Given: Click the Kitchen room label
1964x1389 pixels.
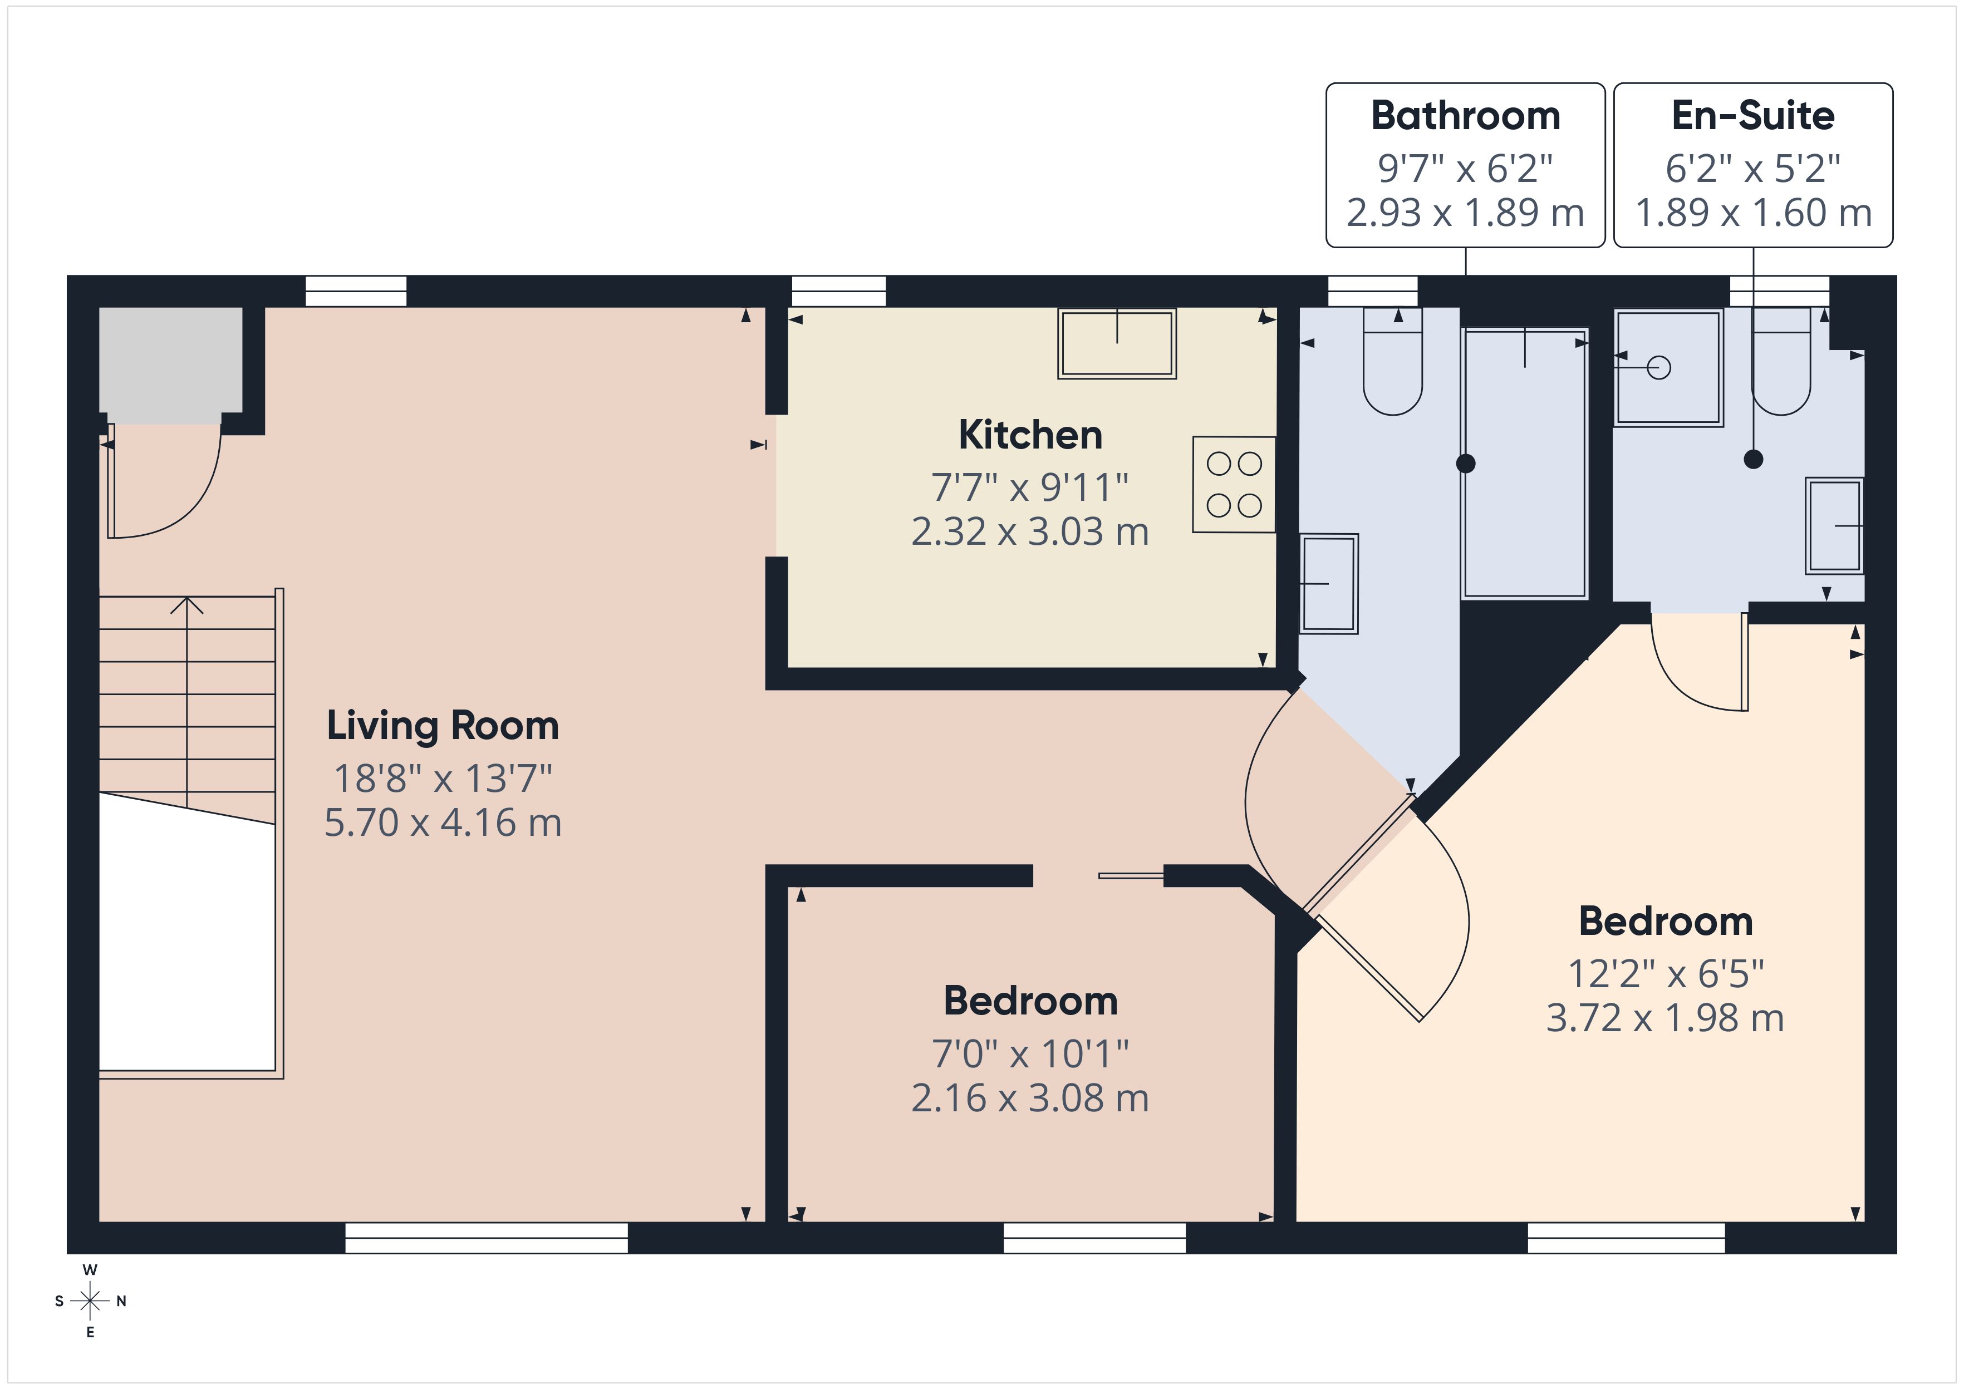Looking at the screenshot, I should pyautogui.click(x=1030, y=435).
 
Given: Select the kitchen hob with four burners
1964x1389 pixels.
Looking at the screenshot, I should pyautogui.click(x=1234, y=485).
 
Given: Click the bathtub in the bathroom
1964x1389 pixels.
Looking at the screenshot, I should pyautogui.click(x=1524, y=462).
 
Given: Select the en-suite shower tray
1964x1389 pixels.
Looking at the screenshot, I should pyautogui.click(x=1667, y=368).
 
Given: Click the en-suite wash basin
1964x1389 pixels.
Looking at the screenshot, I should pyautogui.click(x=1834, y=525).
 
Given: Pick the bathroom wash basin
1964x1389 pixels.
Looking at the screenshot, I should pyautogui.click(x=1328, y=583).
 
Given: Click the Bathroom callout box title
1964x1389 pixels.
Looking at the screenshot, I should pyautogui.click(x=1465, y=115).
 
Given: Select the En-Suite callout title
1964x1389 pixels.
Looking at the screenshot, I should pyautogui.click(x=1752, y=115).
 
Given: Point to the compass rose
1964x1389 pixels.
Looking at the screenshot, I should pyautogui.click(x=90, y=1301).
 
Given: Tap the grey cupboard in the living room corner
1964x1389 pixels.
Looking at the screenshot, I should pyautogui.click(x=171, y=365).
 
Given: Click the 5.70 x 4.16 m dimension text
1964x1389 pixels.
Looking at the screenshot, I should pyautogui.click(x=442, y=823).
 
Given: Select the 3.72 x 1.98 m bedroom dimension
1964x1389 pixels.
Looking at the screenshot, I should pyautogui.click(x=1665, y=1018).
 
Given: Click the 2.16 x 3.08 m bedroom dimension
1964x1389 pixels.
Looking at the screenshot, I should pyautogui.click(x=1030, y=1098).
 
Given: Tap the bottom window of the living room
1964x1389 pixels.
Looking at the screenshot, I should pyautogui.click(x=486, y=1238).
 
